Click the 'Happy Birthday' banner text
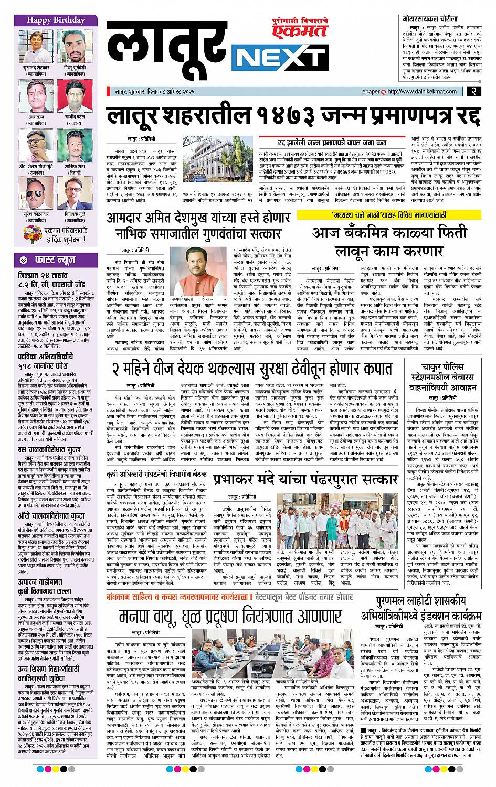pos(57,20)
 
